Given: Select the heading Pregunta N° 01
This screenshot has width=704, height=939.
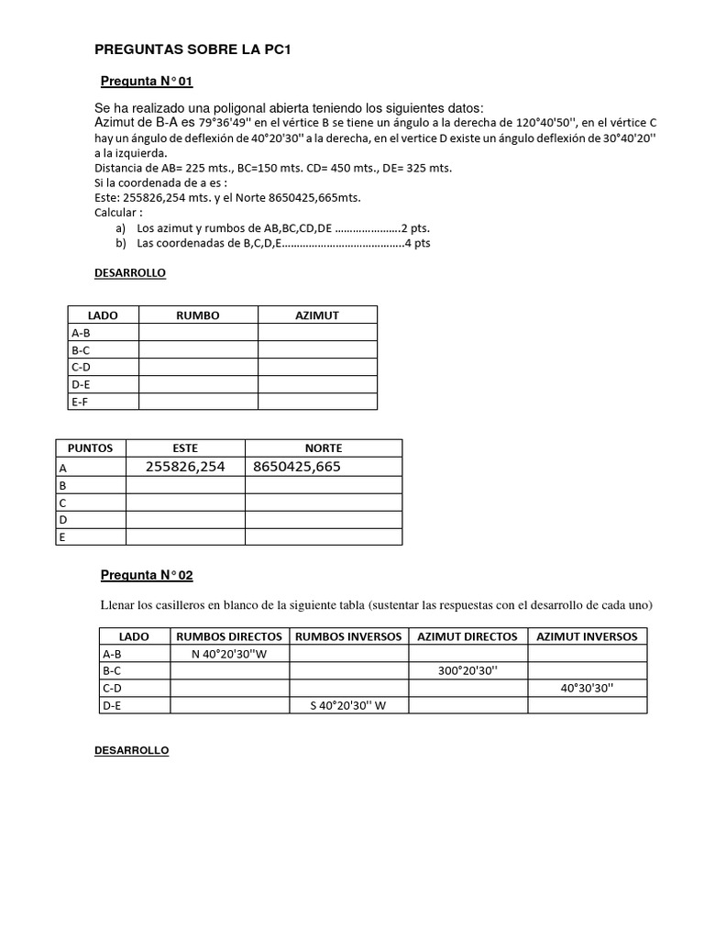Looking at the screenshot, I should pos(147,82).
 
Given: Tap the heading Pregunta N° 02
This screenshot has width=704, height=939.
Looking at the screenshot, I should pos(147,575).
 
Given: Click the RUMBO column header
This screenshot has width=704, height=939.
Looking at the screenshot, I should pos(197,315).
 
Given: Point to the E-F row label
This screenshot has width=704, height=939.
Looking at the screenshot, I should pos(81,401).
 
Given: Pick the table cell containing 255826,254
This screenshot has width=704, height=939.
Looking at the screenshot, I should pos(185,467).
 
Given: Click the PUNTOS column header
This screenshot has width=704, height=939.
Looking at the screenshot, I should pos(90,448).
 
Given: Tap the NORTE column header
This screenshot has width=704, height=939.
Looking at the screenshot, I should pos(323,448).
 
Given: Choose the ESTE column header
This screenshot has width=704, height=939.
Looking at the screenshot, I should pos(185,448).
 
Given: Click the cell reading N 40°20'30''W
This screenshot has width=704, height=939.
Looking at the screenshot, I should pos(229,654).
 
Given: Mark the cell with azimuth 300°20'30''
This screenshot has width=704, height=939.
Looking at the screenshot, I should pos(467,671).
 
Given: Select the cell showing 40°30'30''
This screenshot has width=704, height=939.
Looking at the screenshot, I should pos(588,688).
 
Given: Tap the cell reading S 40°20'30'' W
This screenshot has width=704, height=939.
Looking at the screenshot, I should pos(348,705).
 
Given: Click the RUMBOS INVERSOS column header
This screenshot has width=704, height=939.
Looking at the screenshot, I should pos(348,636).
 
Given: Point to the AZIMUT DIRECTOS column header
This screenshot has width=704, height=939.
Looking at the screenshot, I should pos(467,636).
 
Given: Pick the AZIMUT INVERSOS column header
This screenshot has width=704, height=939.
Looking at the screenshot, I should pos(588,636).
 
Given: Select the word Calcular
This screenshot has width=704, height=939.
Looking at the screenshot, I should pos(117,213).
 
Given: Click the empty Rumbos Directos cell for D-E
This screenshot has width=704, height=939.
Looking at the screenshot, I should pos(229,705).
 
